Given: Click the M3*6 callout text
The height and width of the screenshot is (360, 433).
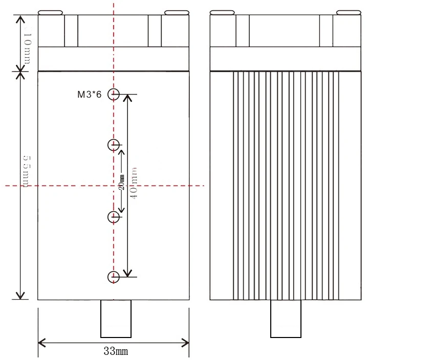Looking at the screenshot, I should point(89,94).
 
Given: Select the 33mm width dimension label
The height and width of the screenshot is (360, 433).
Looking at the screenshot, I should point(115,351).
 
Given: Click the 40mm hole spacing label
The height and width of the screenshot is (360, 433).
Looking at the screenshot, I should point(134,183).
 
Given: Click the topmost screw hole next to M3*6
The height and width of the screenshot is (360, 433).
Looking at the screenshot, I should point(114,94).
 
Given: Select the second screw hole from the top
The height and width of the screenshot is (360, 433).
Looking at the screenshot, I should point(114,145).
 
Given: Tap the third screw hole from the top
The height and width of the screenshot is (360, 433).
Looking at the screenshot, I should point(114,217).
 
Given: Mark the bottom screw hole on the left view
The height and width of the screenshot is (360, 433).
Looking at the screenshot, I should point(114,277).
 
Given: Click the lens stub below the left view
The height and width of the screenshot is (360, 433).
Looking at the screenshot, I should point(116,319).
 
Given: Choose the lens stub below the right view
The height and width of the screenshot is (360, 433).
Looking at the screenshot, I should point(286,319).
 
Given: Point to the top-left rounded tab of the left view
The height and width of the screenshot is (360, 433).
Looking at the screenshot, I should point(50,13).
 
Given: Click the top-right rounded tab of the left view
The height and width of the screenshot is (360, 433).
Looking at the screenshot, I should point(176,13).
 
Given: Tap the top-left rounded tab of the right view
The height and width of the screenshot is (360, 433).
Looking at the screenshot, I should point(222,13).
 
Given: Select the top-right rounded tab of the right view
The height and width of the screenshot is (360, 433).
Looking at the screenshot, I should point(348,13).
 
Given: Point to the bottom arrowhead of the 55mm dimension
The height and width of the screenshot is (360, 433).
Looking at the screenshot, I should point(20,296).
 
